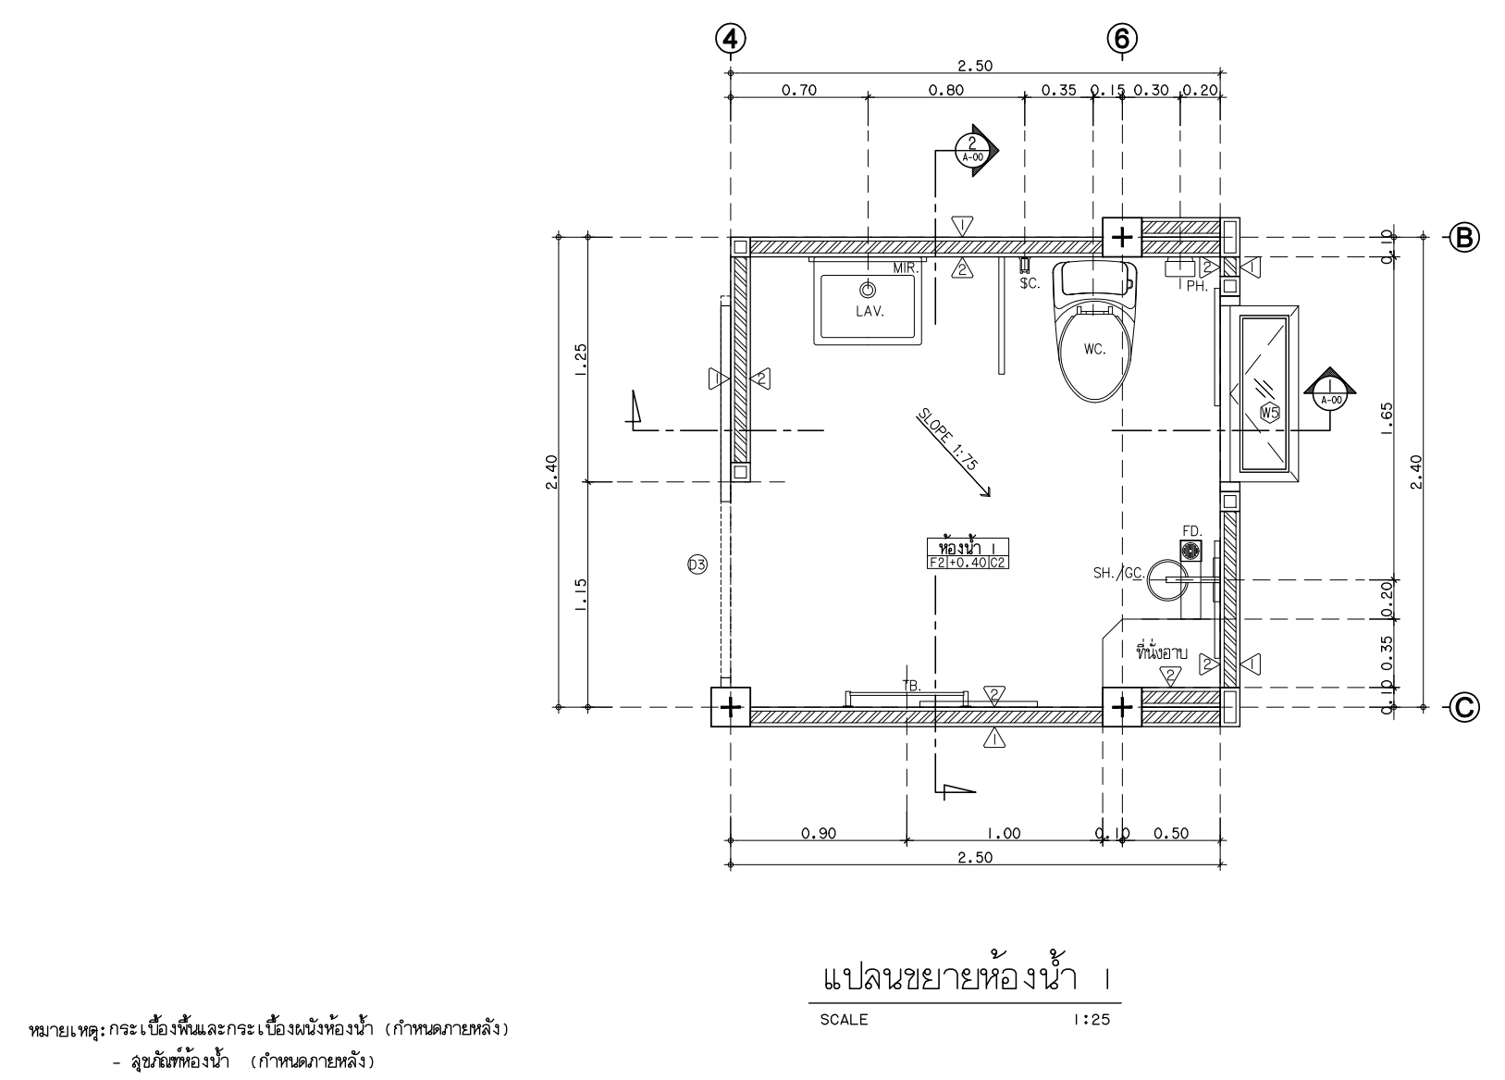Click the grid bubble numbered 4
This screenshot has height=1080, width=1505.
[731, 40]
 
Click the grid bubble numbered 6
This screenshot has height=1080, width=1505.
[1122, 40]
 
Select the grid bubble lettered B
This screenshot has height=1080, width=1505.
[1464, 237]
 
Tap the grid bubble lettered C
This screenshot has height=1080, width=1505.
[1464, 707]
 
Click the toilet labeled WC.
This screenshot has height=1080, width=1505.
[1094, 331]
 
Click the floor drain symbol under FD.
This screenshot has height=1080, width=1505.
[1190, 551]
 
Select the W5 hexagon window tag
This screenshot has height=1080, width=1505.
[1269, 413]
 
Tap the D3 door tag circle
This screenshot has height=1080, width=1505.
[697, 565]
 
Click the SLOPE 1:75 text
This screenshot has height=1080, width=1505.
[947, 440]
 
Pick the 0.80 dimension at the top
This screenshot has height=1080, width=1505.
[946, 90]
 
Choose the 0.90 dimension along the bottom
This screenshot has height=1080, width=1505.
[819, 833]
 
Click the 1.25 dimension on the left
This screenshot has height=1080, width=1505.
[581, 360]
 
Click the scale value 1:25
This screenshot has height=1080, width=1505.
[1092, 1020]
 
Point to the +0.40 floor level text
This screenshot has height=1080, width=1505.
[968, 564]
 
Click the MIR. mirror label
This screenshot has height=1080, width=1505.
[906, 268]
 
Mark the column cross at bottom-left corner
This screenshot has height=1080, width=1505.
[731, 707]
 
